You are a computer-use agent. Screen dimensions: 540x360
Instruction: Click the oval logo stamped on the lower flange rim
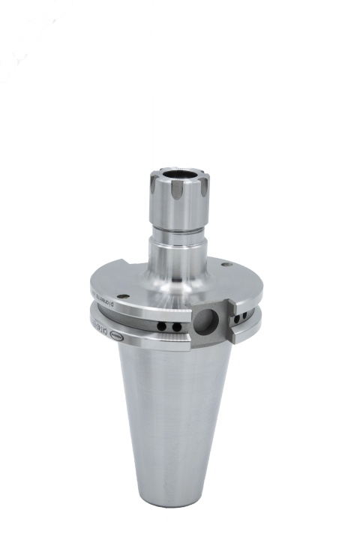(x=118, y=338)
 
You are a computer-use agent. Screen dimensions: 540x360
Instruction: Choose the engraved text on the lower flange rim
(x=98, y=325)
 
